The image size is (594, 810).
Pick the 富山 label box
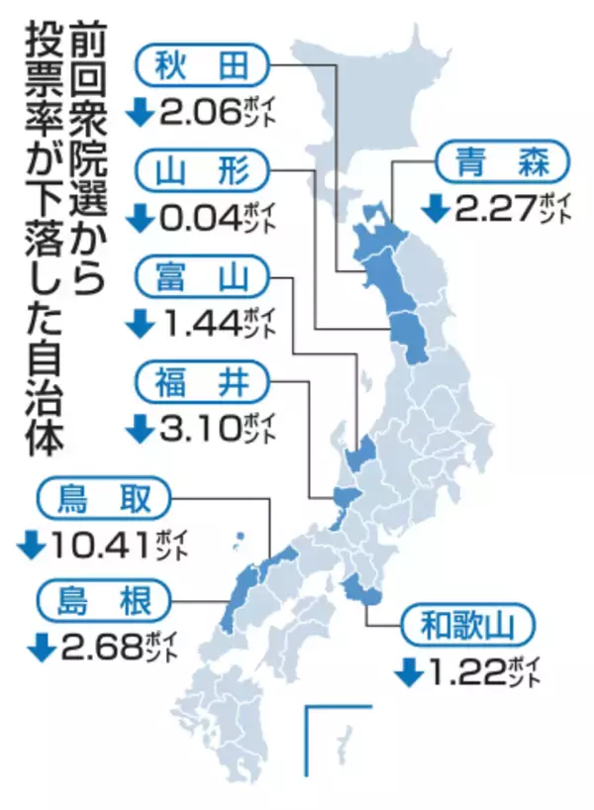click(x=198, y=278)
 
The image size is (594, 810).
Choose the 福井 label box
click(x=198, y=381)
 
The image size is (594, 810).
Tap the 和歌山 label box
click(x=467, y=626)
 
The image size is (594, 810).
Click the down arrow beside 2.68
click(x=41, y=648)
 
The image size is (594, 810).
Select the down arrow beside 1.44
click(x=139, y=324)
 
